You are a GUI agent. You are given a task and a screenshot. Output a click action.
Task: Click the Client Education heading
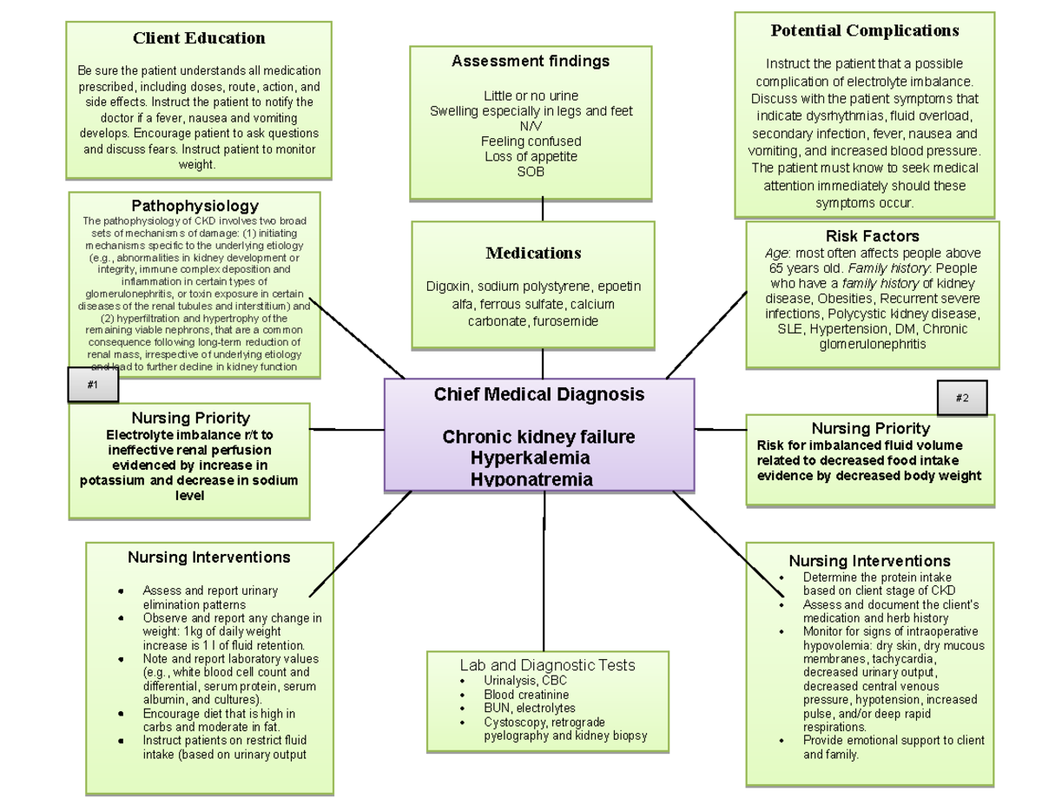(x=199, y=38)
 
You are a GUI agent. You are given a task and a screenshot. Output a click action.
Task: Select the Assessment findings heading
(x=531, y=61)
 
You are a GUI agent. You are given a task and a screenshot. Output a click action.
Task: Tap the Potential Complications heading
(x=865, y=31)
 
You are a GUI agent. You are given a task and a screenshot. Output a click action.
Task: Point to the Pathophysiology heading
(x=195, y=206)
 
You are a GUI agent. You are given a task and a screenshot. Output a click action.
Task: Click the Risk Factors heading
(x=873, y=236)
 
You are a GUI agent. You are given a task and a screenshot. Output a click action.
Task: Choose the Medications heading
(x=533, y=254)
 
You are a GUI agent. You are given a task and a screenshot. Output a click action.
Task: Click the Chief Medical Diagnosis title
(x=539, y=394)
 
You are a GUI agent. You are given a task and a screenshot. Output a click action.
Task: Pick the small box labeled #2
(x=962, y=399)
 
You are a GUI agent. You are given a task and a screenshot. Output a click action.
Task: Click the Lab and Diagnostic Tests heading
(x=547, y=665)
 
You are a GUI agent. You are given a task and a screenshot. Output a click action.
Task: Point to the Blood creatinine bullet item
(x=526, y=695)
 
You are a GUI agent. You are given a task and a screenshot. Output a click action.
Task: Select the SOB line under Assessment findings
(x=531, y=171)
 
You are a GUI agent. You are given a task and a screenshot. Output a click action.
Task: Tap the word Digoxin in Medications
(x=448, y=287)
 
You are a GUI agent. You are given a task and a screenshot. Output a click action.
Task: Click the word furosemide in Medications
(x=561, y=321)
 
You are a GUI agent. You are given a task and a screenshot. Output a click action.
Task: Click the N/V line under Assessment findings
(x=531, y=126)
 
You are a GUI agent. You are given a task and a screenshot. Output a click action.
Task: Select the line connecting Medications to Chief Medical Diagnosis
(x=543, y=364)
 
